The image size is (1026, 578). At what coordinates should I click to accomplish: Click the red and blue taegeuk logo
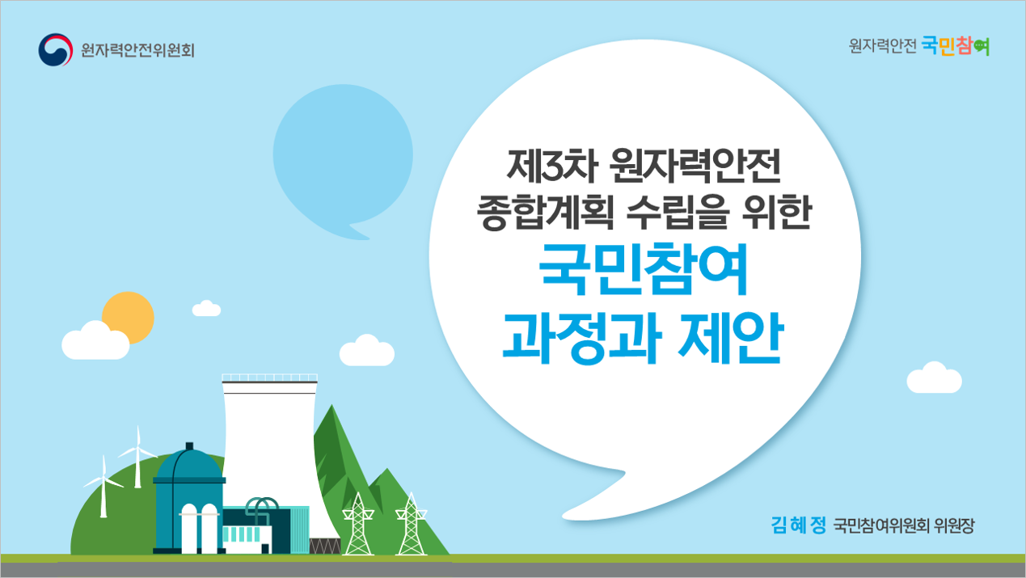pos(56,49)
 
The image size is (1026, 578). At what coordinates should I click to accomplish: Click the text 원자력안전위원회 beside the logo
pos(138,50)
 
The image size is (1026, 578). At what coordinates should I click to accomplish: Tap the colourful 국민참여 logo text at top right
pos(956,46)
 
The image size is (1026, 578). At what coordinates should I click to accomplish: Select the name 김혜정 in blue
pos(798,525)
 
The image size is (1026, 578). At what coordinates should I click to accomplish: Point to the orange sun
pos(129,318)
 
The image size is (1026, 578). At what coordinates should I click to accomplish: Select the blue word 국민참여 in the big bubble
pos(644,269)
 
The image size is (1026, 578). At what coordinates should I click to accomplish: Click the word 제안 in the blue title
pos(731,338)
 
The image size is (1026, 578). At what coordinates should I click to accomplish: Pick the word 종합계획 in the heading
pos(545,212)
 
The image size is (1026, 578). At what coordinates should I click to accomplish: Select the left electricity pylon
pos(358,524)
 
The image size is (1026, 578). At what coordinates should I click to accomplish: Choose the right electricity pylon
pos(412,524)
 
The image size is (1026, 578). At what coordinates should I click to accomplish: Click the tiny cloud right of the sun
pos(206,308)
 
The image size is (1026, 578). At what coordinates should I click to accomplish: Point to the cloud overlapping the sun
pos(95,340)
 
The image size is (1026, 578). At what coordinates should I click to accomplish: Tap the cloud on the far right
pos(934,378)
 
